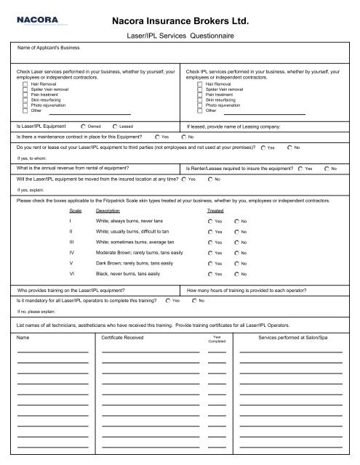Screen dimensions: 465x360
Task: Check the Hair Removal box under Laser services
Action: click(25, 84)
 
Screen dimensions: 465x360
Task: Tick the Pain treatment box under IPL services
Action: click(200, 94)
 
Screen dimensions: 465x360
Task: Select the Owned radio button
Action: click(86, 126)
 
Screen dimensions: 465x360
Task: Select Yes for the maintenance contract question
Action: click(158, 137)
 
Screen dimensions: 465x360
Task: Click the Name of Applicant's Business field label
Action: click(50, 48)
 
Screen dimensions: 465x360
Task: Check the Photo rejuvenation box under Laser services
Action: click(25, 105)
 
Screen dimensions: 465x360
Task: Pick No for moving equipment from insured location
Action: click(209, 179)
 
